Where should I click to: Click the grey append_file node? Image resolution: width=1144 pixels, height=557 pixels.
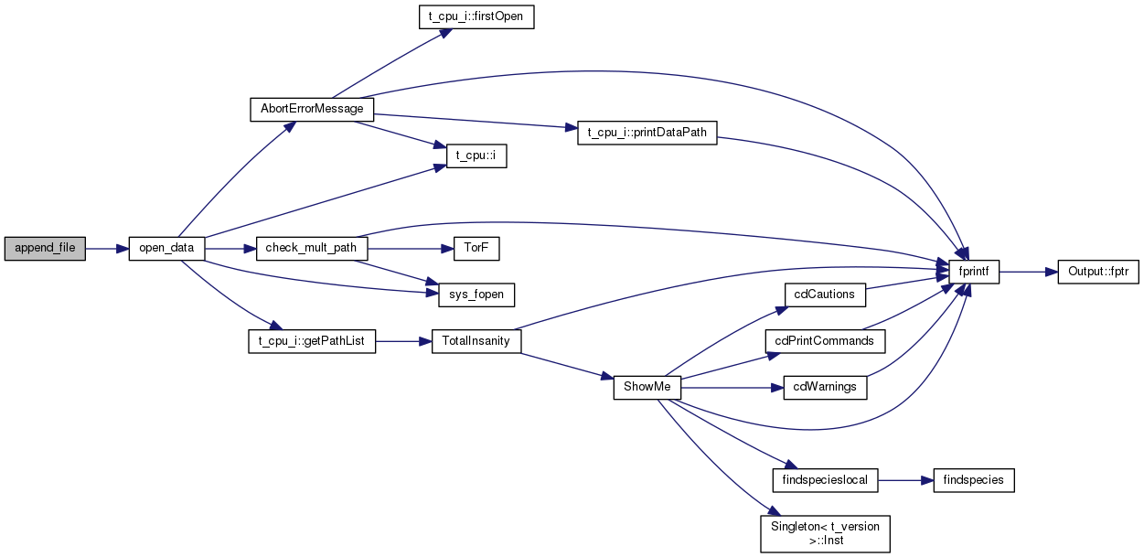click(x=45, y=248)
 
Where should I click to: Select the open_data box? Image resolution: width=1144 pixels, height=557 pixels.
click(x=166, y=248)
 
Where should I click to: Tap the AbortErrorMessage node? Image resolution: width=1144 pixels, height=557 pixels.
click(x=312, y=109)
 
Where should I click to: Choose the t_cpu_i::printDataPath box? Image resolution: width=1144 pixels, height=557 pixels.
click(x=647, y=133)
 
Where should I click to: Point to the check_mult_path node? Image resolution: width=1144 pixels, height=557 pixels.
click(x=311, y=248)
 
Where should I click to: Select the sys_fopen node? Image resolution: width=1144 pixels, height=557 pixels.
click(x=470, y=295)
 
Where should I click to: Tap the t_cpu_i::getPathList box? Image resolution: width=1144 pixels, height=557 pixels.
click(x=312, y=341)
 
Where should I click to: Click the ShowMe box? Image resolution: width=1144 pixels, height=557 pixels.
click(x=647, y=387)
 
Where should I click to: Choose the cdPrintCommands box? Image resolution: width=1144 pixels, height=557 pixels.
click(x=825, y=341)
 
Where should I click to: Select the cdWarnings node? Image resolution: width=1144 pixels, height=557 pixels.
click(x=825, y=387)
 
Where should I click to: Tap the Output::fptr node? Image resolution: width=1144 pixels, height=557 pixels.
click(x=1098, y=272)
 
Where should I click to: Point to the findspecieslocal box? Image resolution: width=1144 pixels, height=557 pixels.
click(x=825, y=479)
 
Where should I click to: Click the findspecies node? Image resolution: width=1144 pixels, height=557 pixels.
click(x=974, y=479)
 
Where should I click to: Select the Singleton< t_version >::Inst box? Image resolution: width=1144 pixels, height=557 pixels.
click(x=825, y=532)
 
